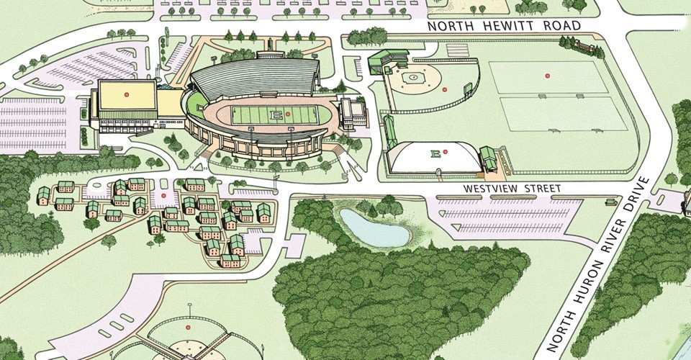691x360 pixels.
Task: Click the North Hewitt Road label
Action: [x=504, y=26]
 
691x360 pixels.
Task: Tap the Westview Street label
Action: [x=511, y=188]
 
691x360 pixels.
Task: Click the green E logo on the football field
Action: [x=274, y=115]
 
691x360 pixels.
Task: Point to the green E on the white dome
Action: [x=434, y=153]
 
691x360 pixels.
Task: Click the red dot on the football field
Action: [x=287, y=114]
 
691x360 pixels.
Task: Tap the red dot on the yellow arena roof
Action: [x=126, y=94]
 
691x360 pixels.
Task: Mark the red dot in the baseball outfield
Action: [x=445, y=90]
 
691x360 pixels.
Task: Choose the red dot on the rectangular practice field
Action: [x=547, y=76]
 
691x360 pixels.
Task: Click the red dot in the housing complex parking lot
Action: [x=164, y=194]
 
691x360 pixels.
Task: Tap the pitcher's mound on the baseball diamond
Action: [x=413, y=77]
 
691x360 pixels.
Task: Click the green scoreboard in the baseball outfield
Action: [x=468, y=89]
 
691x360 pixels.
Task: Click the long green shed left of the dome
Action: [x=390, y=132]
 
